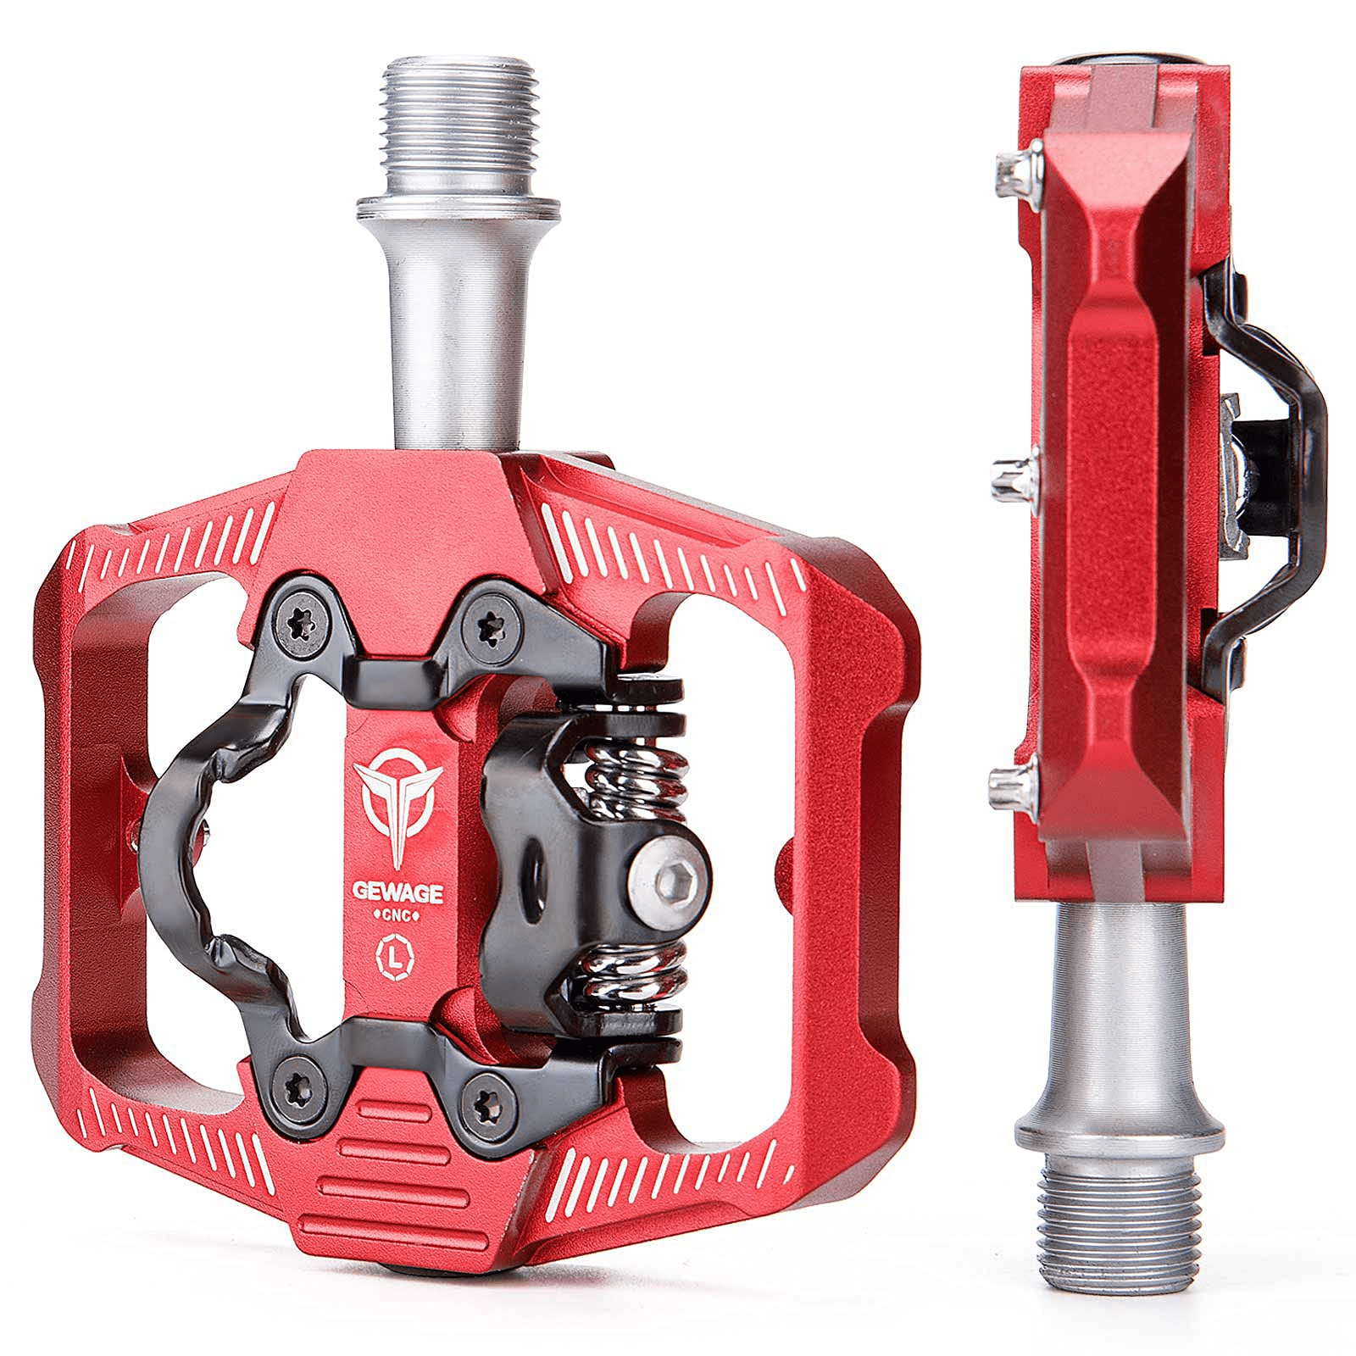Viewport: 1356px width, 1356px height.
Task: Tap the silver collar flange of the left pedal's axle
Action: click(x=458, y=208)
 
